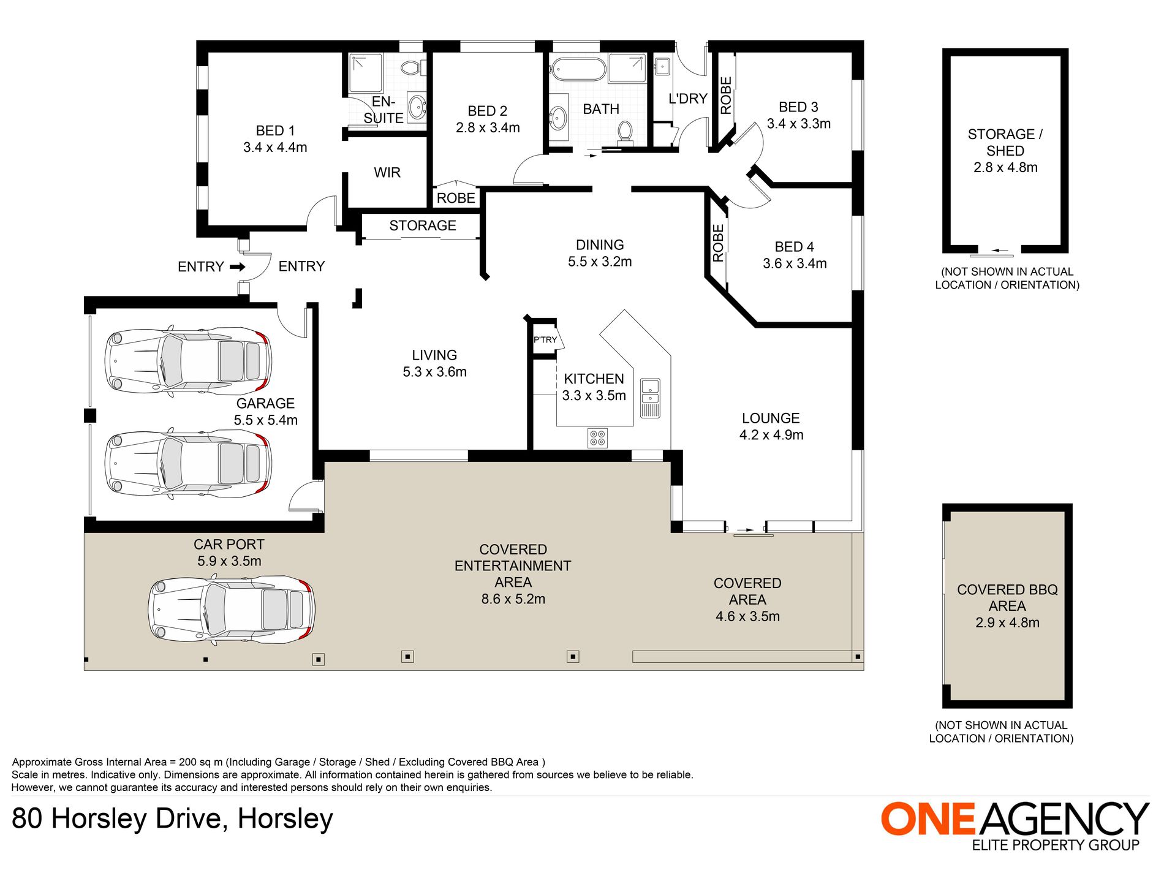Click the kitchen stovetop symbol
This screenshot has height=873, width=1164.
click(x=597, y=438)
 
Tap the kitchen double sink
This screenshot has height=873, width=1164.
click(x=650, y=399)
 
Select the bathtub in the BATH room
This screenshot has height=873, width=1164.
click(x=577, y=69)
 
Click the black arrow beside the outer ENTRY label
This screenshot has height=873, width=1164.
click(x=238, y=266)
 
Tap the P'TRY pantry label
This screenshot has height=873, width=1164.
click(x=545, y=339)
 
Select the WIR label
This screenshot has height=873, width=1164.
click(x=387, y=173)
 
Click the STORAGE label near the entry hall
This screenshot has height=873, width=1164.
click(x=423, y=225)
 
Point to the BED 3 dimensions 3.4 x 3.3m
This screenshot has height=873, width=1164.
click(x=799, y=124)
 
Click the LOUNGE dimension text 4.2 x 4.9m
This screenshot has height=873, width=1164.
click(x=771, y=435)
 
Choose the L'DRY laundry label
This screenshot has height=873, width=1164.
click(x=688, y=99)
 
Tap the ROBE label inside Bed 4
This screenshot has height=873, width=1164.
click(x=719, y=243)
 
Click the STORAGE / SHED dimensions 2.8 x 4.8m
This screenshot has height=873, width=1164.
click(x=1005, y=167)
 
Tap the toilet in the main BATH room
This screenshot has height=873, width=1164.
click(x=625, y=132)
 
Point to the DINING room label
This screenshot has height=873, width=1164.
click(x=600, y=245)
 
